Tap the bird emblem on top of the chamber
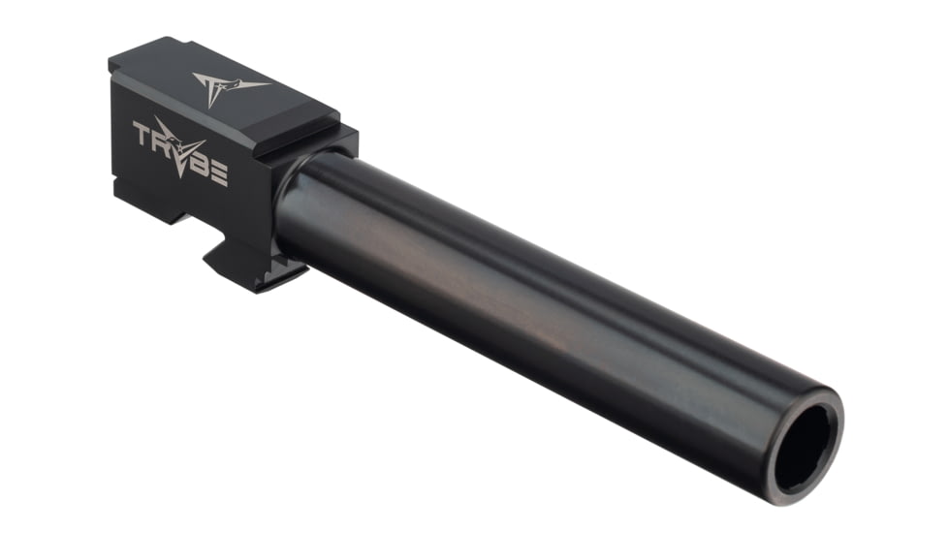222,86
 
